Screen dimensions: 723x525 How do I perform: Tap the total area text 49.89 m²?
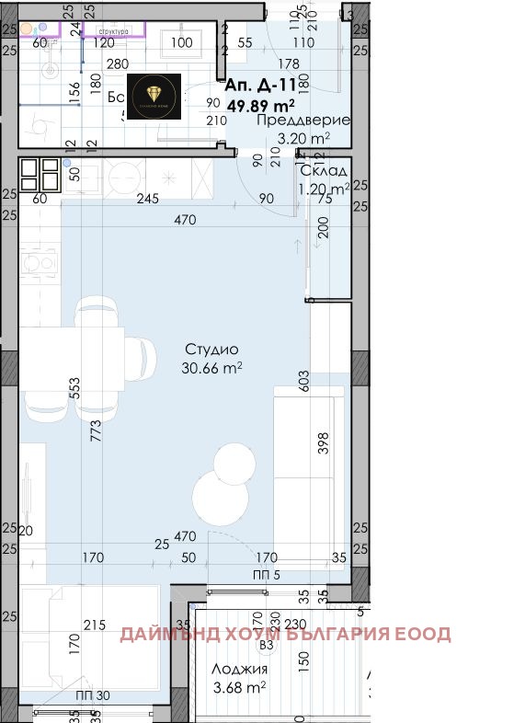pos(260,103)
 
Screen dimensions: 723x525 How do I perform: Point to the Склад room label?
pos(324,171)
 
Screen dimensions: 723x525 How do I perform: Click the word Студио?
pos(211,350)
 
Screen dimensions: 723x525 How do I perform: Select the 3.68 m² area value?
pos(239,685)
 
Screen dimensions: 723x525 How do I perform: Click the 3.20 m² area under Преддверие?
pos(303,140)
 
